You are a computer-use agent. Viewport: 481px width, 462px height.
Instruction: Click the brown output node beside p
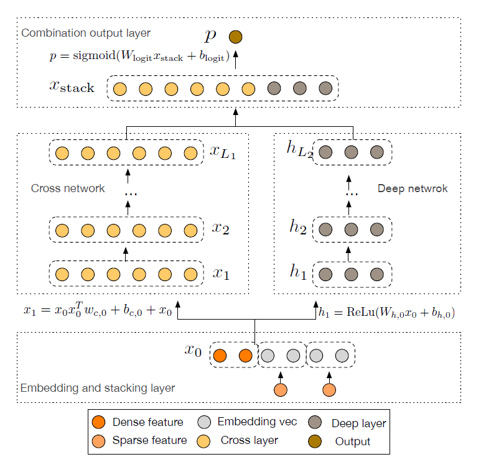[235, 37]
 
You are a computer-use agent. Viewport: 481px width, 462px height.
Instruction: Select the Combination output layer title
[86, 32]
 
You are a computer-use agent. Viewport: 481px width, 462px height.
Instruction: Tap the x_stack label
[72, 86]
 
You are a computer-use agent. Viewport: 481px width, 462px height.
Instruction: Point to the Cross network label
[68, 188]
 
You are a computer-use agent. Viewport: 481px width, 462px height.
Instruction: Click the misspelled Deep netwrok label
[413, 188]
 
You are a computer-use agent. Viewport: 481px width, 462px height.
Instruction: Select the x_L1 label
[223, 151]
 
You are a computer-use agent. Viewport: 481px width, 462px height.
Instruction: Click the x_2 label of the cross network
[221, 228]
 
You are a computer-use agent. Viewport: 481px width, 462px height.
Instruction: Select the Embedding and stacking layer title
[98, 389]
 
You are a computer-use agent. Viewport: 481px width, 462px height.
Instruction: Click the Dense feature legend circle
[98, 422]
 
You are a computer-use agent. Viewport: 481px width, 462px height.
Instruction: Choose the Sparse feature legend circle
[98, 441]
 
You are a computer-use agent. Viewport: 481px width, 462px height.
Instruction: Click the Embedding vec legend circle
[203, 422]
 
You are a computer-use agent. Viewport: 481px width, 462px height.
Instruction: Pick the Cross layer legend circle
[203, 441]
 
